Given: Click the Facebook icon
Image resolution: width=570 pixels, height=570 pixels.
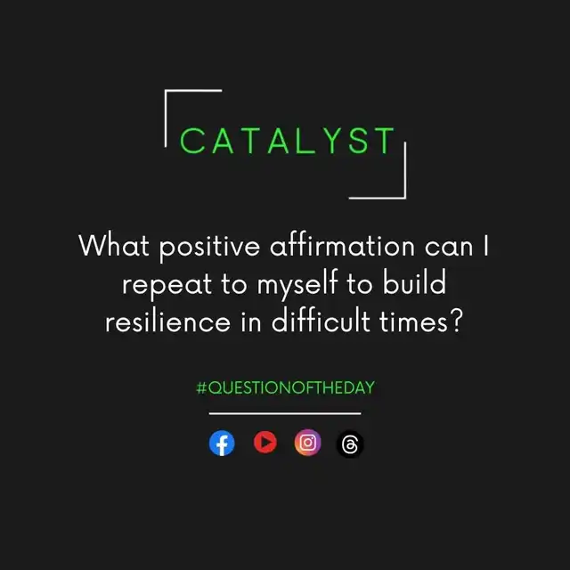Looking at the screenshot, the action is point(222,443).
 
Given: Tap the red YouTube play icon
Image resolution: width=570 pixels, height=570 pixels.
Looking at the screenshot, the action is point(265,442).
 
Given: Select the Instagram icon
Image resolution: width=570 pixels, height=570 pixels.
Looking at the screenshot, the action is point(307,443).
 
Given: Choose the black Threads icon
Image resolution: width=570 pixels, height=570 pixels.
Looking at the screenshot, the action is point(350,444).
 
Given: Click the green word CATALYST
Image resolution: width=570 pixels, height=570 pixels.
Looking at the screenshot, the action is point(287,141).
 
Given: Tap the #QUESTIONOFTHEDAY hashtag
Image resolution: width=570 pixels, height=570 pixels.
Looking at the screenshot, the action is point(285,388).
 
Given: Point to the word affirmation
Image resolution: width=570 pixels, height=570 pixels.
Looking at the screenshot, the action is point(342,246).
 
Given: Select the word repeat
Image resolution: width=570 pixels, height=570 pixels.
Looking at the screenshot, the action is point(167,285).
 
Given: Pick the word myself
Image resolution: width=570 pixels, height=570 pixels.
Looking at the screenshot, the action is point(297,284).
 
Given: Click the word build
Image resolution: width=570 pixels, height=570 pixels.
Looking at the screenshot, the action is point(414,282).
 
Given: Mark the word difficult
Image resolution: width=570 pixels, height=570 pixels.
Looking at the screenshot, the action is point(321,320).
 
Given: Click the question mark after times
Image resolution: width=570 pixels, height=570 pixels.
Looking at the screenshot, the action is point(456,320).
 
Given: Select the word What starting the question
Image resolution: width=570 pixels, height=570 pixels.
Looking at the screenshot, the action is point(114,246).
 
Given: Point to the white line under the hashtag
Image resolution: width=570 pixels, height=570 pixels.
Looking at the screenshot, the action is point(285,413).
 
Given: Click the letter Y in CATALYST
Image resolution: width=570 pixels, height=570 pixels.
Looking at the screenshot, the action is point(331,141).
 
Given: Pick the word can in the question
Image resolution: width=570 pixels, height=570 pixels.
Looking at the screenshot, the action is point(449,248).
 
